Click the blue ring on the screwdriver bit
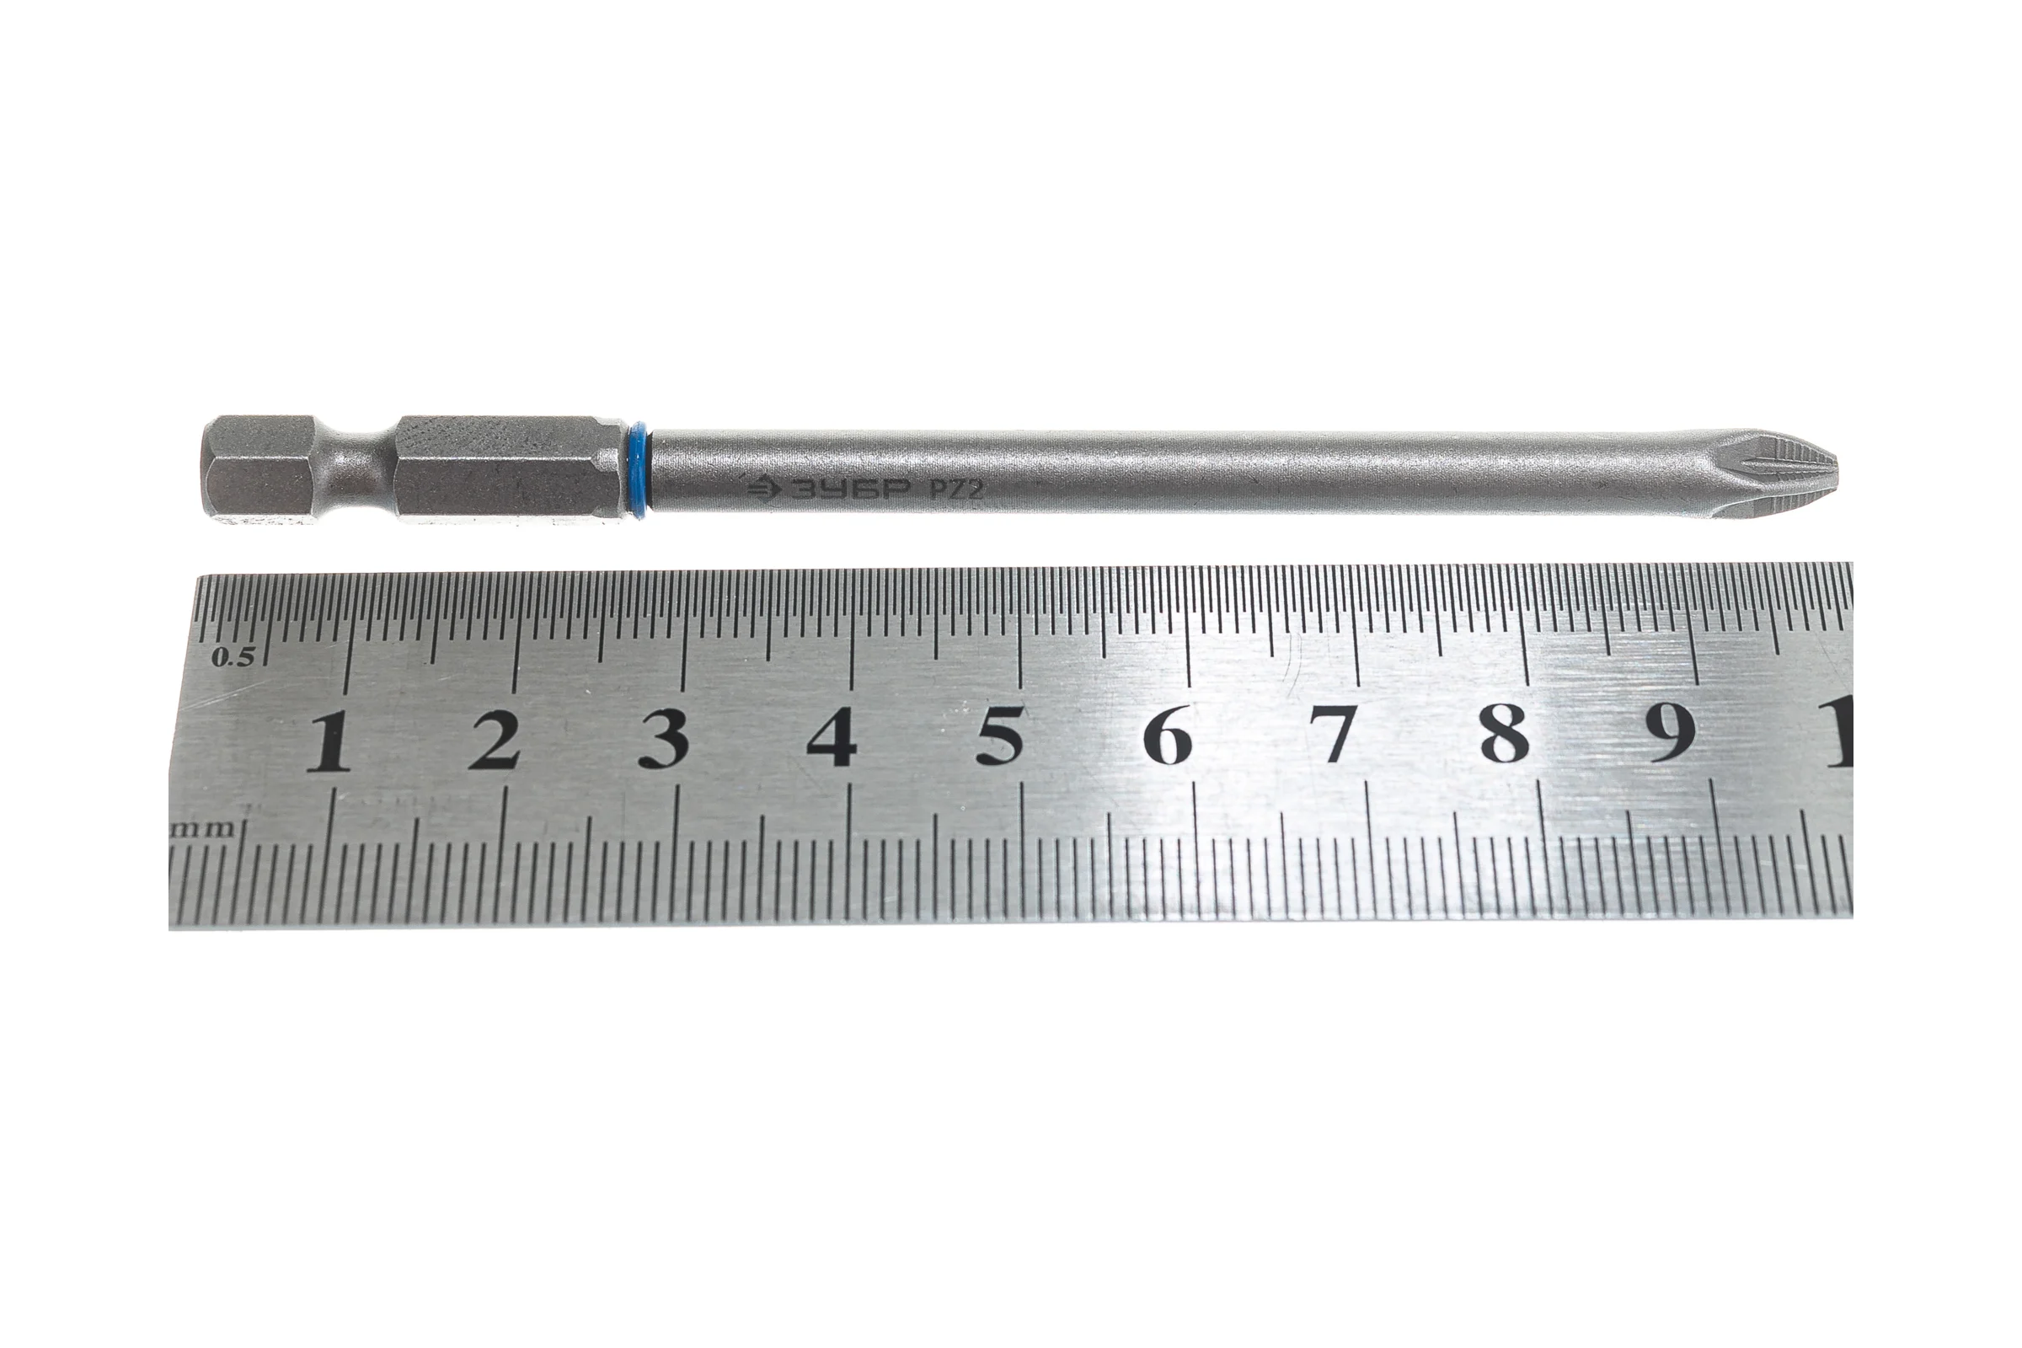638,468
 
